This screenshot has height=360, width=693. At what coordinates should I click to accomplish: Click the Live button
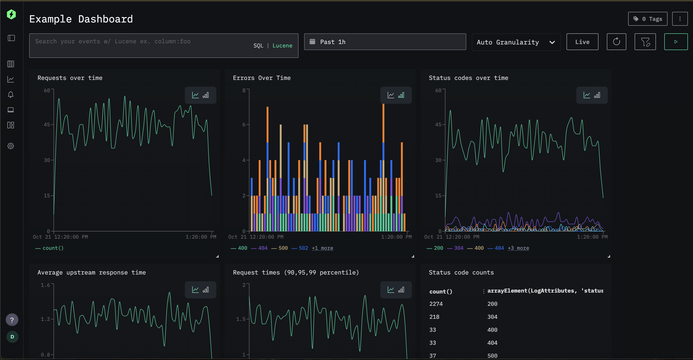[x=582, y=42]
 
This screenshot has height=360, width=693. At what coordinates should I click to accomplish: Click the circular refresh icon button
[x=616, y=42]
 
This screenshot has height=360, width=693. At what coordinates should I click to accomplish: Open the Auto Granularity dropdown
[x=516, y=42]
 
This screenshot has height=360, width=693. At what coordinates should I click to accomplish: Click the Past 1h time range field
[x=385, y=42]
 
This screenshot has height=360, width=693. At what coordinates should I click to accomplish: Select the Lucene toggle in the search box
[x=282, y=46]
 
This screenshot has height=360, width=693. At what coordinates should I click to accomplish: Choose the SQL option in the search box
[x=258, y=46]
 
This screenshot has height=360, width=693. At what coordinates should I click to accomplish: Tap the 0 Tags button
[x=647, y=19]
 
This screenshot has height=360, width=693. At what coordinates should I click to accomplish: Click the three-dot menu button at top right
[x=680, y=19]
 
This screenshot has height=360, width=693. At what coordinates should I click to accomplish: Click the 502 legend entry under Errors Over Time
[x=303, y=248]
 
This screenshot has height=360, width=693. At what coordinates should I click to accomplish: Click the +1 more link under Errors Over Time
[x=322, y=248]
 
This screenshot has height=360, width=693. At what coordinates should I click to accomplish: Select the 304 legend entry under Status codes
[x=458, y=248]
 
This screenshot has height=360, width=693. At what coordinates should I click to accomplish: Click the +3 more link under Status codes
[x=518, y=248]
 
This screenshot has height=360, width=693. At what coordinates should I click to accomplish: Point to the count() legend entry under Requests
[x=53, y=248]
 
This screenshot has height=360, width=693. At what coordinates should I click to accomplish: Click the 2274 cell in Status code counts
[x=436, y=304]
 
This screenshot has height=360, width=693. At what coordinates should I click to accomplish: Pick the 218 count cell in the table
[x=434, y=317]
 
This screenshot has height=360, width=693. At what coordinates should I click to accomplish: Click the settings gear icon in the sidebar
[x=11, y=146]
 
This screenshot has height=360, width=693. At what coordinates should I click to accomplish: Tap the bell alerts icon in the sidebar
[x=11, y=95]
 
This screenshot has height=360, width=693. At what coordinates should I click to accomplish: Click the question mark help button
[x=12, y=320]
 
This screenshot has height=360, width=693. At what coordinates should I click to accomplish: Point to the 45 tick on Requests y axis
[x=47, y=125]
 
